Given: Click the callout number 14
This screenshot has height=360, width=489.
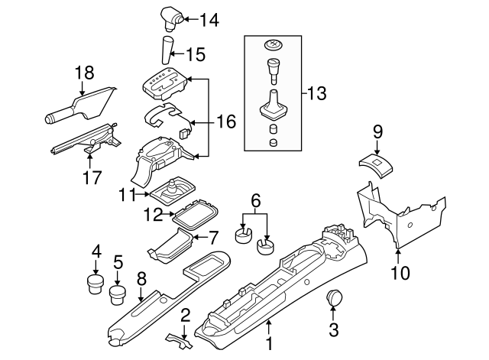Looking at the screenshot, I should [208, 21].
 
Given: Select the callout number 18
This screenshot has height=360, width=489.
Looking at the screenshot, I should [84, 73].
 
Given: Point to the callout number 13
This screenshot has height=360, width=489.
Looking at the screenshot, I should [316, 94].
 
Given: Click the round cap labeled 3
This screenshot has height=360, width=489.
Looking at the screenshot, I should [333, 298].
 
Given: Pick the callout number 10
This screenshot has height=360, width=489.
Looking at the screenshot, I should [400, 272].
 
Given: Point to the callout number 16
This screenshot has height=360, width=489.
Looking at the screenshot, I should [225, 122].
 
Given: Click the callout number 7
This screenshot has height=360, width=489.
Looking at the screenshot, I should [213, 237].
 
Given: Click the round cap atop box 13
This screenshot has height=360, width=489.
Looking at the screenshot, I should [272, 45].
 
